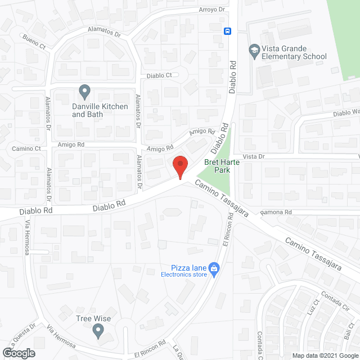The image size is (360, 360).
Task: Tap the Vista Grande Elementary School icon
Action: (x=254, y=51)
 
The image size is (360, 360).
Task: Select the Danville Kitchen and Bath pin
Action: (x=84, y=91)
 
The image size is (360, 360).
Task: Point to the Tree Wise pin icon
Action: (x=98, y=332)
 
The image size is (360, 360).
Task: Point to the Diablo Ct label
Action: (x=159, y=75)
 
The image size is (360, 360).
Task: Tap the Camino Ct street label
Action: (x=26, y=149)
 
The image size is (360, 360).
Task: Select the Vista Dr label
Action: (x=253, y=157)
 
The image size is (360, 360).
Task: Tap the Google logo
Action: (x=19, y=353)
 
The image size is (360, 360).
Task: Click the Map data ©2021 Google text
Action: (x=324, y=355)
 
